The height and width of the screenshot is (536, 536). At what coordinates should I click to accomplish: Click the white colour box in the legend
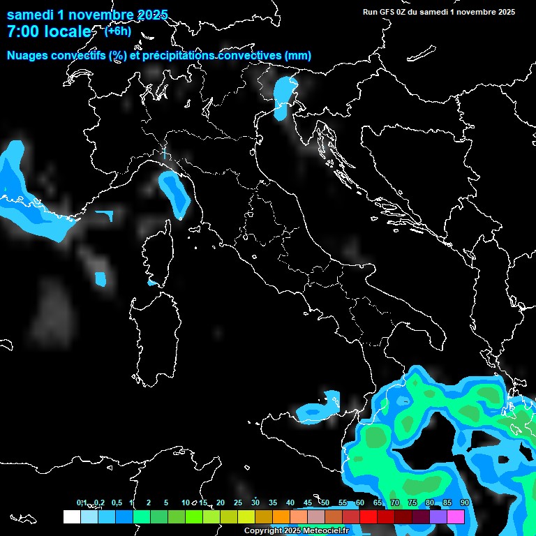[71, 516]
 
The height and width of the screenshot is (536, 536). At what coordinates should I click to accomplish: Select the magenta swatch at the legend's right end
[456, 516]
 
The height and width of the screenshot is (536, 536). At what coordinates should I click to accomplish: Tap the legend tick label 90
[465, 502]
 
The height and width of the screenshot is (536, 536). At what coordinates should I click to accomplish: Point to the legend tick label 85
[447, 502]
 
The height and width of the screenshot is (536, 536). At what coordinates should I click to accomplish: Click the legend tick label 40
[290, 502]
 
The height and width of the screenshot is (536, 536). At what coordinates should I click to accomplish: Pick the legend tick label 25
[238, 502]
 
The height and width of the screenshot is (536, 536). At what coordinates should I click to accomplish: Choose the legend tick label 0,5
[116, 502]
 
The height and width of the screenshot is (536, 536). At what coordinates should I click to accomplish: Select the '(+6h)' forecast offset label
[117, 31]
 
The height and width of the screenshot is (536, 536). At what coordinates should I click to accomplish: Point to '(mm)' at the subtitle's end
[298, 55]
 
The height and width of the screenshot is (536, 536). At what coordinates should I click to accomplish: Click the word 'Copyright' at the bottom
[263, 531]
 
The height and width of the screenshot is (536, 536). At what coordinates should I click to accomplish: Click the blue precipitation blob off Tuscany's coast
[175, 193]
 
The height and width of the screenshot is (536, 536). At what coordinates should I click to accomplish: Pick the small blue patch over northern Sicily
[314, 411]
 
